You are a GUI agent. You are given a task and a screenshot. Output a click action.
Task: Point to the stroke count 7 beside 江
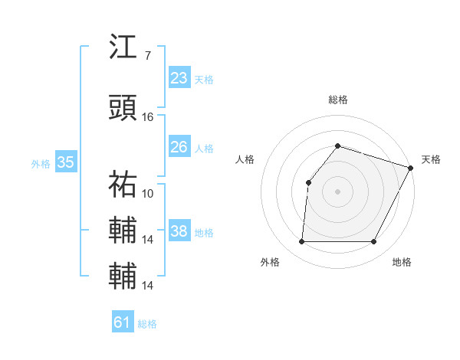pyautogui.click(x=147, y=55)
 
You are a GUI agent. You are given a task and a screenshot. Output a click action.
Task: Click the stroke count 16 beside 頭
pyautogui.click(x=148, y=117)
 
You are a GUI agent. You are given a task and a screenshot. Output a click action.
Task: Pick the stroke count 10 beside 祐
pyautogui.click(x=148, y=193)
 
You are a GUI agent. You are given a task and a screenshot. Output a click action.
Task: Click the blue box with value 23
pyautogui.click(x=179, y=77)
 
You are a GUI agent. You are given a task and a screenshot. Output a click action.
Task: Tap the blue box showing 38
pyautogui.click(x=179, y=231)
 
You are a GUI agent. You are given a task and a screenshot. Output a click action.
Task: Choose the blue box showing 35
pyautogui.click(x=65, y=162)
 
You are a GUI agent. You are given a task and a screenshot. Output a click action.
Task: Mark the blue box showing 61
pyautogui.click(x=123, y=322)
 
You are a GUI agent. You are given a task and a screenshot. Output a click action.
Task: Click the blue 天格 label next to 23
pyautogui.click(x=204, y=79)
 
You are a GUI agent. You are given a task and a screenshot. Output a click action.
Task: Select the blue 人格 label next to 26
pyautogui.click(x=204, y=148)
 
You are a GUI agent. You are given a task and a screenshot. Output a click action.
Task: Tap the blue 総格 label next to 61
pyautogui.click(x=147, y=324)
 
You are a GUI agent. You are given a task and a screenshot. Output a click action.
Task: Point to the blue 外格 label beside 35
pyautogui.click(x=41, y=163)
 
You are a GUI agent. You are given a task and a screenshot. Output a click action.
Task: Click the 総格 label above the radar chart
pyautogui.click(x=337, y=100)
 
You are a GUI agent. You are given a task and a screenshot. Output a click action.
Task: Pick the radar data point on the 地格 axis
pyautogui.click(x=373, y=241)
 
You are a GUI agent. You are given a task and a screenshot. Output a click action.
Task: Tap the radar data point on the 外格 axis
pyautogui.click(x=301, y=241)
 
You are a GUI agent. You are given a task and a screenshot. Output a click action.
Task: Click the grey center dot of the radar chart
pyautogui.click(x=337, y=191)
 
